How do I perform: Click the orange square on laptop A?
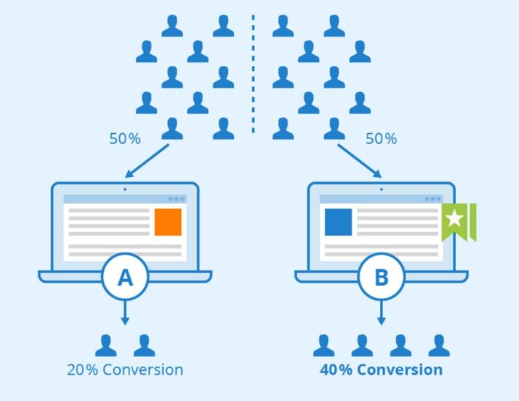pyautogui.click(x=167, y=222)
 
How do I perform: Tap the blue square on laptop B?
pyautogui.click(x=338, y=222)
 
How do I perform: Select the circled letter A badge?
pyautogui.click(x=125, y=277)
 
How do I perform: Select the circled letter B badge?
pyautogui.click(x=381, y=277)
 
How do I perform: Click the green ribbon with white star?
pyautogui.click(x=458, y=220)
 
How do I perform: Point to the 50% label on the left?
pyautogui.click(x=125, y=138)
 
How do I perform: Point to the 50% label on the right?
pyautogui.click(x=381, y=138)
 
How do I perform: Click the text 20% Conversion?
pyautogui.click(x=125, y=369)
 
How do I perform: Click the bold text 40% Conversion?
pyautogui.click(x=381, y=369)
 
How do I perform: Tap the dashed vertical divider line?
pyautogui.click(x=254, y=73)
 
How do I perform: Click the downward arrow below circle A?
pyautogui.click(x=125, y=313)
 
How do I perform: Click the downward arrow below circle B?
pyautogui.click(x=381, y=313)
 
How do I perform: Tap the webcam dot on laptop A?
pyautogui.click(x=125, y=189)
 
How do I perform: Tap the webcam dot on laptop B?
pyautogui.click(x=381, y=189)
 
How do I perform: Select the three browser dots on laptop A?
pyautogui.click(x=176, y=199)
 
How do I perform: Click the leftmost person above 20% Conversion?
pyautogui.click(x=106, y=345)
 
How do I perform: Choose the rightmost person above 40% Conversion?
pyautogui.click(x=439, y=345)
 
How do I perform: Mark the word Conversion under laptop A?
pyautogui.click(x=143, y=369)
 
